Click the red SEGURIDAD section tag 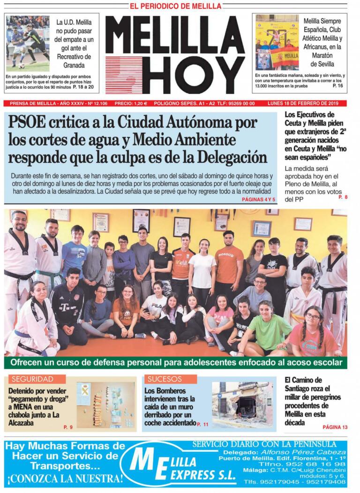tap(32, 379)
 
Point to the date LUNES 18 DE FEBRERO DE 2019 tap(306, 103)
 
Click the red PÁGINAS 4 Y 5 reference tap(259, 200)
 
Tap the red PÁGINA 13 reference tap(335, 427)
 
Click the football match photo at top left tap(28, 43)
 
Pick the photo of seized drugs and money tap(105, 405)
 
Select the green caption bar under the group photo tap(176, 363)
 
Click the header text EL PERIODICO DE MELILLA tap(175, 6)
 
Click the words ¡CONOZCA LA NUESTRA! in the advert tap(65, 479)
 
